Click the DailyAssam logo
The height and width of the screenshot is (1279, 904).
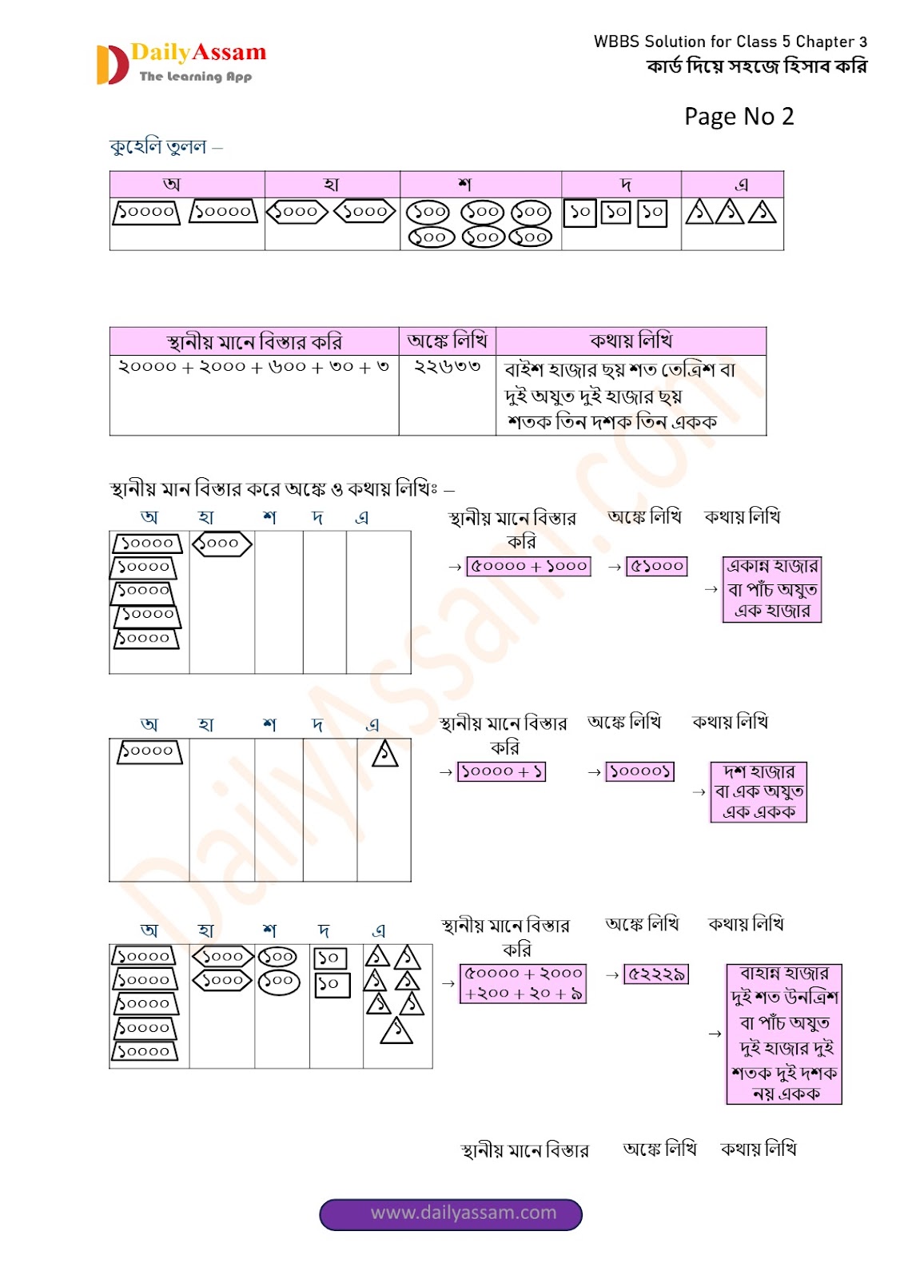(x=181, y=63)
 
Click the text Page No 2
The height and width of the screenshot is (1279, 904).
(x=739, y=117)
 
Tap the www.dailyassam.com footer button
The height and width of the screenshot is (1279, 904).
(x=451, y=1213)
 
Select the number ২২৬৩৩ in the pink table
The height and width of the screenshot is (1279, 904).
(x=447, y=367)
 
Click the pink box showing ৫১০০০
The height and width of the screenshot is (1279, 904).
(x=657, y=566)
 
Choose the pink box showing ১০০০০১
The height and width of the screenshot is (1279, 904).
(x=639, y=771)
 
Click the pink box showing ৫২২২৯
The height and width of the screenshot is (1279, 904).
(x=655, y=974)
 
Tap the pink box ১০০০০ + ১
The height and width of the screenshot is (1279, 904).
(x=501, y=771)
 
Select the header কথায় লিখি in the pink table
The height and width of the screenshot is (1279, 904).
(x=631, y=341)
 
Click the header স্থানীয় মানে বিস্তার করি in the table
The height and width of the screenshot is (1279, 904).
(x=254, y=341)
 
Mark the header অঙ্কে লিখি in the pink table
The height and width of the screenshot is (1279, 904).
(x=447, y=341)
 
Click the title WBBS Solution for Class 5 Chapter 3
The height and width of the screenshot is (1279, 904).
(x=730, y=42)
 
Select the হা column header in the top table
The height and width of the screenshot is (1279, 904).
(x=332, y=184)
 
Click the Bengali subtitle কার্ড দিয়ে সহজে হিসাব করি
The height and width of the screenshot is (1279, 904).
(x=756, y=66)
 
